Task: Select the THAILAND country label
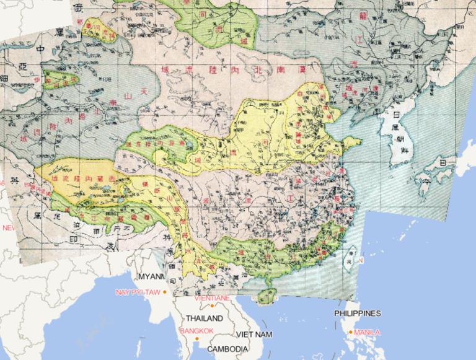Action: point(202,318)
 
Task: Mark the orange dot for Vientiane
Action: point(212,305)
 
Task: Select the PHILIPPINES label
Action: point(357,314)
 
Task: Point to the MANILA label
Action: point(367,333)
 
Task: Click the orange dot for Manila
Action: point(351,332)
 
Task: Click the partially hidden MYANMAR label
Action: point(151,276)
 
